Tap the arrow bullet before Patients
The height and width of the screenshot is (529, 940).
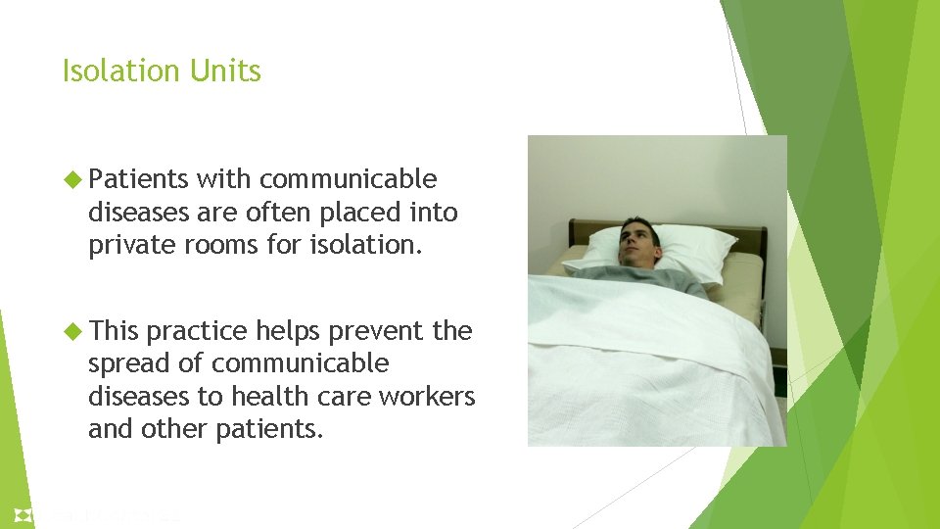(x=71, y=179)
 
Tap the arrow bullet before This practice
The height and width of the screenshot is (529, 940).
(x=71, y=331)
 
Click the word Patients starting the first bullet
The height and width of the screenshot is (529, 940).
(x=138, y=179)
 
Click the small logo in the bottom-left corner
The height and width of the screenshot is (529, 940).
(x=23, y=514)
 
